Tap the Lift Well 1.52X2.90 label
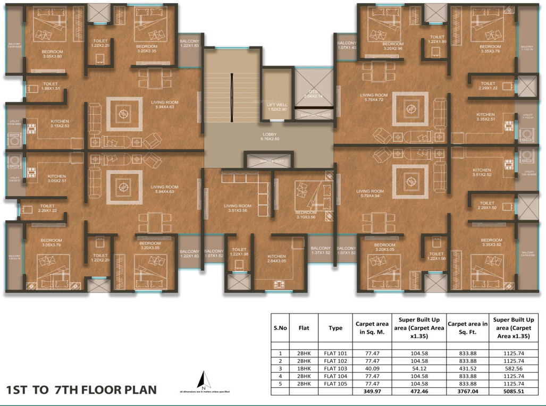coord(277,106)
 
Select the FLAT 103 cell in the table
coord(335,368)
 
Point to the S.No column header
coord(280,328)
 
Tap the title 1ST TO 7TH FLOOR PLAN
coord(81,390)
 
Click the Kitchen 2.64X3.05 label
coord(276,258)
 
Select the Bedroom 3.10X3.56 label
coord(306,215)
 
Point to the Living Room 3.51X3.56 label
coord(237,208)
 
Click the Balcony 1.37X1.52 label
coord(321,251)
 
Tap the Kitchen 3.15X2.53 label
coord(56,124)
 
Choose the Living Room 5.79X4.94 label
coord(370,194)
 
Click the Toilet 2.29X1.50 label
coord(487,206)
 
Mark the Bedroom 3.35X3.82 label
coord(491,243)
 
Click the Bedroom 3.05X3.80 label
coord(52,54)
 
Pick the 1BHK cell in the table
coord(304,368)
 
